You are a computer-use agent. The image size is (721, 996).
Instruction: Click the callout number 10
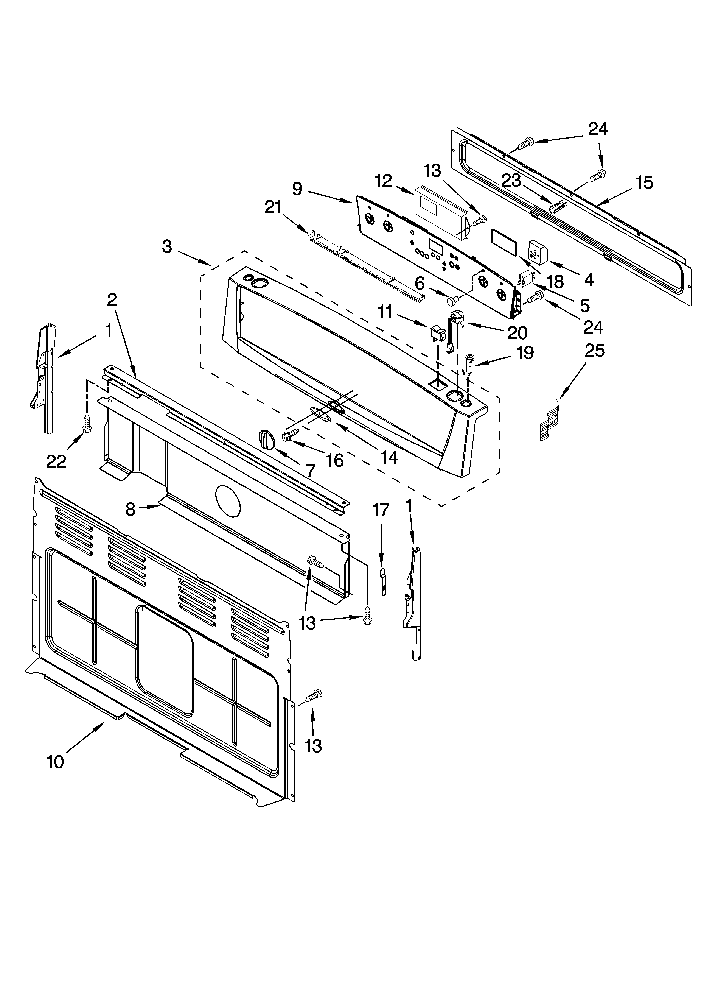point(55,762)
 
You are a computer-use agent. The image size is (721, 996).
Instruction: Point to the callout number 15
point(644,182)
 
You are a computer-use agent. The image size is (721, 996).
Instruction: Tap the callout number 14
point(389,457)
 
